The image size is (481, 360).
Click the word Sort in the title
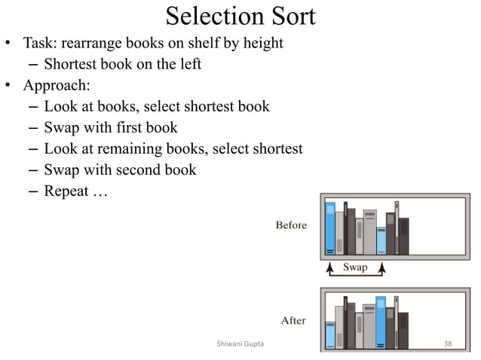[290, 16]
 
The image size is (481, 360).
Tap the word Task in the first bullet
[40, 43]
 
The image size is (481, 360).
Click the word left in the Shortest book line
[187, 64]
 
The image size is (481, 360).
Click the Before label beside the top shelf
[291, 225]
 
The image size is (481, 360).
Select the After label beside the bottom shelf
[293, 320]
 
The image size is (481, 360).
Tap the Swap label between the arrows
[355, 267]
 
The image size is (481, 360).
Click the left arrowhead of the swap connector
[329, 267]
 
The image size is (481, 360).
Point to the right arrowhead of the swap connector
[381, 267]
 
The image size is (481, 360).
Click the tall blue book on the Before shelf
[329, 229]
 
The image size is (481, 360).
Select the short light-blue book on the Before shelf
[381, 241]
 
